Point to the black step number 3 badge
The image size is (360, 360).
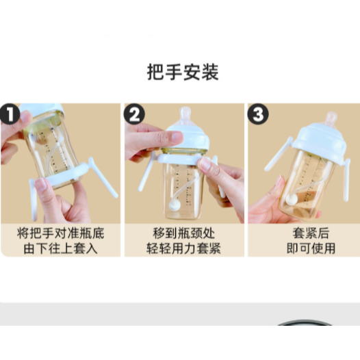click(257, 114)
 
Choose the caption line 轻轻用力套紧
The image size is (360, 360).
click(183, 248)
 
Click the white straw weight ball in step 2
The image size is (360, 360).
click(175, 205)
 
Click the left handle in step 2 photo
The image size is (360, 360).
click(143, 175)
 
